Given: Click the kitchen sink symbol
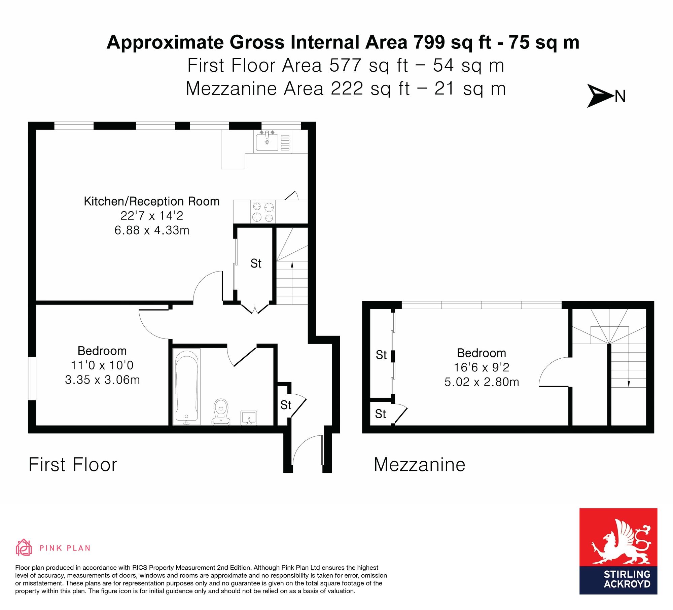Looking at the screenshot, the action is [x=273, y=142].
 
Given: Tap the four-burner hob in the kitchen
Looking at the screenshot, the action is [x=263, y=212].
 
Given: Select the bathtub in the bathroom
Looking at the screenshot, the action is [x=187, y=386].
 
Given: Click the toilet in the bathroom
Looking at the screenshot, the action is [x=221, y=412].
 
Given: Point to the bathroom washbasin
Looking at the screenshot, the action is [x=249, y=418].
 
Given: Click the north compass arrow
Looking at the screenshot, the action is [x=600, y=96].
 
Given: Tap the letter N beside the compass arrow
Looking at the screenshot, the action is [x=620, y=97].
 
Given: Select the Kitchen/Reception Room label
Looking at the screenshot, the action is [x=152, y=201].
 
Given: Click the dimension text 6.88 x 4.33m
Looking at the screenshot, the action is [x=152, y=230].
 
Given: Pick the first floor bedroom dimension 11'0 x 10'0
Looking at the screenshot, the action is [x=102, y=365].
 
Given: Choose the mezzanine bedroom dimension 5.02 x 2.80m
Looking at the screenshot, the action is [x=482, y=382].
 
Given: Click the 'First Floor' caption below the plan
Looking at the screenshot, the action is [x=73, y=465].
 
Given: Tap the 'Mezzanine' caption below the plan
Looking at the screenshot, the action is [x=420, y=465].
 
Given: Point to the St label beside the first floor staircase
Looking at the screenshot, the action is [x=256, y=263].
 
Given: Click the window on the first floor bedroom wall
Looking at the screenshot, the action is [x=32, y=379].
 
